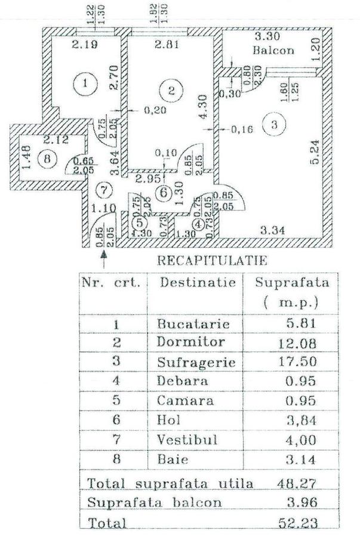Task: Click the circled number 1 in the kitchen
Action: click(88, 83)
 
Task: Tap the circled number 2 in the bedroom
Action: click(172, 91)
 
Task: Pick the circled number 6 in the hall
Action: click(164, 192)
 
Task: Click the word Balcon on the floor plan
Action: click(273, 51)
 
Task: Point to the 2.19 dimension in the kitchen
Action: click(85, 44)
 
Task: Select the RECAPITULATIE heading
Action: click(211, 260)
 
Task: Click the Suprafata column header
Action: click(292, 282)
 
